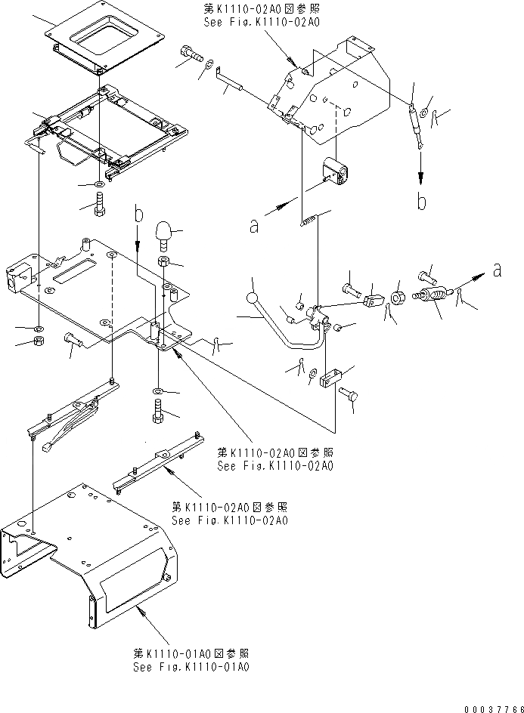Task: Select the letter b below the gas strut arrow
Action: point(422,202)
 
